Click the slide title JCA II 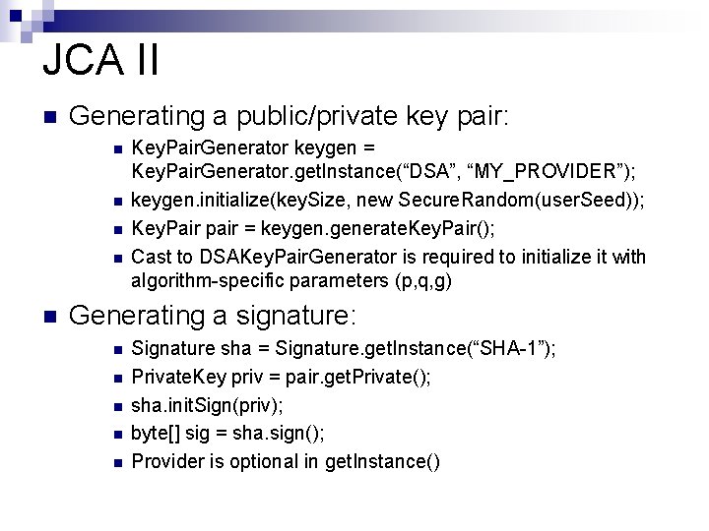pos(100,59)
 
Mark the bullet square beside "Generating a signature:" pos(49,318)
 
